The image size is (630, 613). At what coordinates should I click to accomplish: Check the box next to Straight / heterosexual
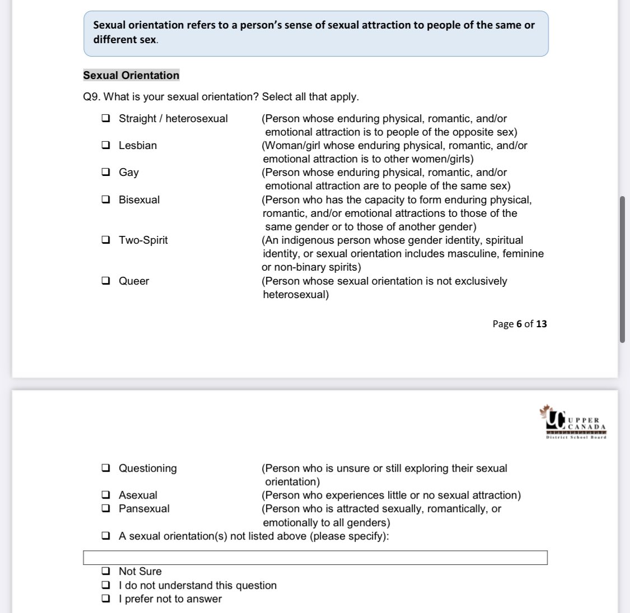[105, 119]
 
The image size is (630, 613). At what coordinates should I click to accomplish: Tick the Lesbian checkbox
[105, 146]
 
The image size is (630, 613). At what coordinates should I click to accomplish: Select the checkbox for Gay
[105, 173]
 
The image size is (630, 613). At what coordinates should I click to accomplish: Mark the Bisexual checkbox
[105, 200]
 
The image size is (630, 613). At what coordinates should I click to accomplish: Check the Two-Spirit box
[105, 240]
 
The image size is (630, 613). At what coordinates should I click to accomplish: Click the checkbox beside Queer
[105, 281]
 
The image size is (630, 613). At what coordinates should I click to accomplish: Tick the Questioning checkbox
[105, 468]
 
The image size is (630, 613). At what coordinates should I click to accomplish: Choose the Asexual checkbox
[105, 495]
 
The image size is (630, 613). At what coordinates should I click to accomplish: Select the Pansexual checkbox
[105, 509]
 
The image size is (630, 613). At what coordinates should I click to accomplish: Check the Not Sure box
[105, 572]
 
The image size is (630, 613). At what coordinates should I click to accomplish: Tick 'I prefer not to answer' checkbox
[105, 599]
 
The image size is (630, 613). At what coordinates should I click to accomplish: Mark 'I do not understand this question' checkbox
[105, 586]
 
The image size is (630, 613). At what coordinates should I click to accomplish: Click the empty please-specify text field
[315, 558]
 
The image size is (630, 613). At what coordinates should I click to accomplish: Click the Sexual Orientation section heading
[131, 76]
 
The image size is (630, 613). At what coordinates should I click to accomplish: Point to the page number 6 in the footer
[519, 324]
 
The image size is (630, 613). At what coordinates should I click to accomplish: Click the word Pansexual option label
[144, 509]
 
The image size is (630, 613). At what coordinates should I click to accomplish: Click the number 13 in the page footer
[542, 324]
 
